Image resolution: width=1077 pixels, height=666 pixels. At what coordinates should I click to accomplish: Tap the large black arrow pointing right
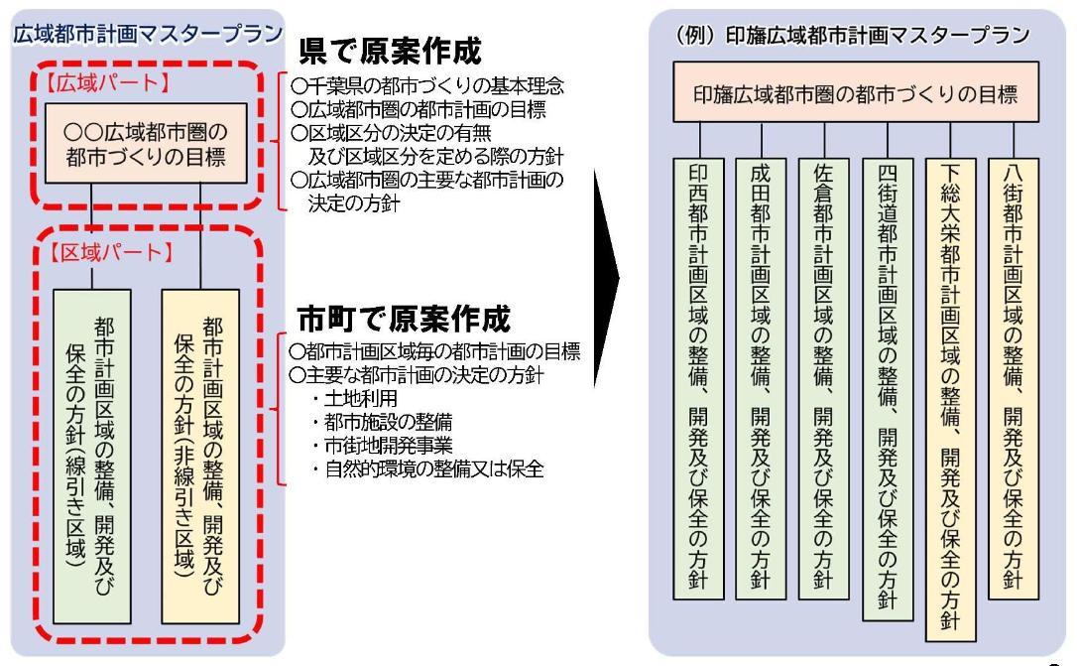click(606, 288)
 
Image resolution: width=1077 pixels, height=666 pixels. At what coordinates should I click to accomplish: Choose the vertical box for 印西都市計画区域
click(700, 377)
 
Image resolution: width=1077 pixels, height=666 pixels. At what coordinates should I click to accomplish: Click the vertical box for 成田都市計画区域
click(761, 377)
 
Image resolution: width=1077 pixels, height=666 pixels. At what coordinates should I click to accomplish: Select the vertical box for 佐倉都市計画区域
click(821, 377)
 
